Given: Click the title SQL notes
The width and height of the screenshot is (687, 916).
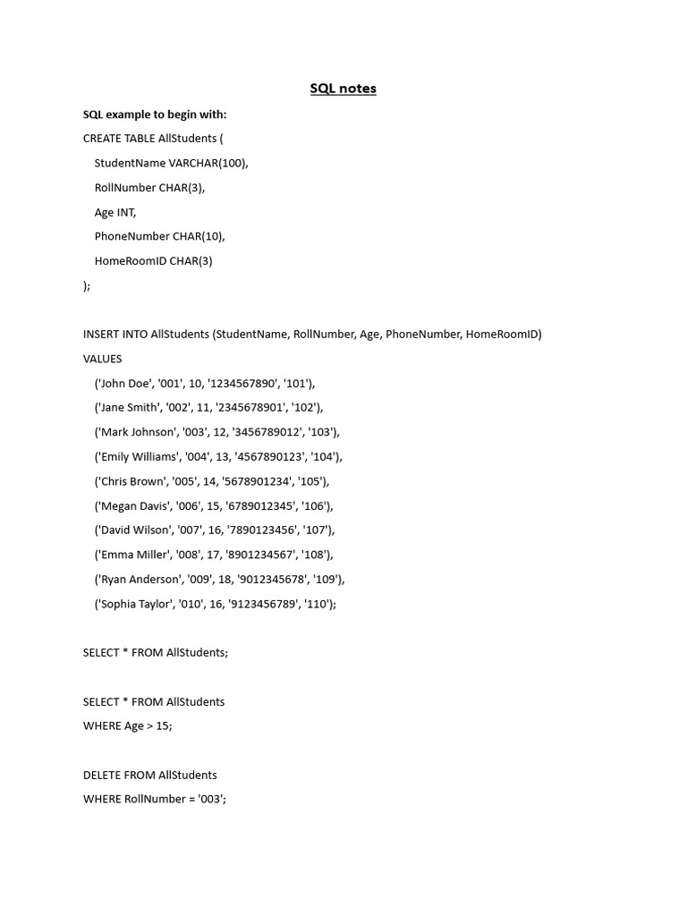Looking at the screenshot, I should (343, 89).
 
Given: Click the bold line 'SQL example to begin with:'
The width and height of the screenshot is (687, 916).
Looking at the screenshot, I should (155, 114).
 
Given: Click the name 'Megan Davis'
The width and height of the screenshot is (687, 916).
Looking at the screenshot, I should (135, 505).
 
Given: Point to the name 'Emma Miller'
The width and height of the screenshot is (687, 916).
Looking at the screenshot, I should (134, 555).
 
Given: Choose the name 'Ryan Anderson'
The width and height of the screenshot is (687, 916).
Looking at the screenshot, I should (141, 579).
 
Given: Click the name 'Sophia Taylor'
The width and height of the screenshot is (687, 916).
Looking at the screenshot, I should (137, 604).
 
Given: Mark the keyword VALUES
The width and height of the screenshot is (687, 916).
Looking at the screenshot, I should (103, 359).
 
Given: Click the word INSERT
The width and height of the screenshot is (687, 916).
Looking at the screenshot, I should (101, 335).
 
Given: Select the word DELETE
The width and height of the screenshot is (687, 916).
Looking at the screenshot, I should (102, 775).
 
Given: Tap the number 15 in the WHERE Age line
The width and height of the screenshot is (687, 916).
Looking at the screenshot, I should (162, 725).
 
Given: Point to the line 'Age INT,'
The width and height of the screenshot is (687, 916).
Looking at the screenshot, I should (115, 212).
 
